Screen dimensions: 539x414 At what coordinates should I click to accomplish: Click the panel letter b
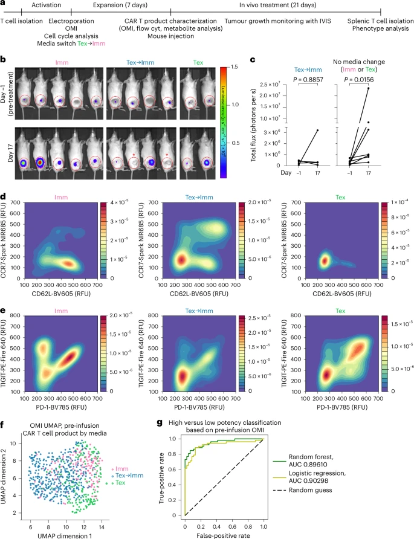[x=4, y=60]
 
